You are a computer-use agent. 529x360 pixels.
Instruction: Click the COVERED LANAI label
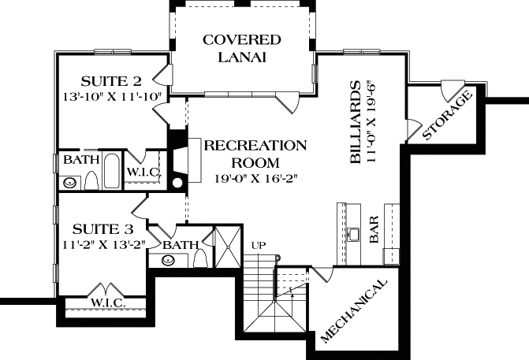pyautogui.click(x=242, y=48)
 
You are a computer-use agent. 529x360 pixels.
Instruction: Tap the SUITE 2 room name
pyautogui.click(x=111, y=81)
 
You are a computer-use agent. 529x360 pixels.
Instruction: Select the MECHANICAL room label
pyautogui.click(x=355, y=310)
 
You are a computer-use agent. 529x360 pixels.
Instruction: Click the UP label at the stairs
pyautogui.click(x=257, y=246)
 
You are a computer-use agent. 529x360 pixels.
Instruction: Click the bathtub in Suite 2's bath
pyautogui.click(x=111, y=173)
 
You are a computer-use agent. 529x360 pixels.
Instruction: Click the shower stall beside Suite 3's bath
pyautogui.click(x=229, y=245)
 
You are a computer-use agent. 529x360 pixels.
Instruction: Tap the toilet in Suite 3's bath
pyautogui.click(x=200, y=258)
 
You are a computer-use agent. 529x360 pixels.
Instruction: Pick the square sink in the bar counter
pyautogui.click(x=356, y=234)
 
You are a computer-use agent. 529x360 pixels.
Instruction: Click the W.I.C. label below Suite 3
pyautogui.click(x=104, y=302)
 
